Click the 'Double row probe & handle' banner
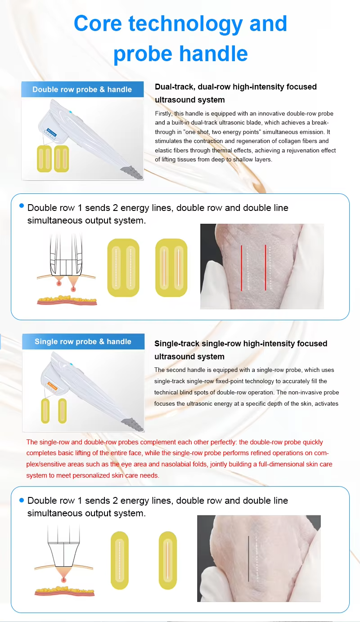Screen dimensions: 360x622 tap(82, 89)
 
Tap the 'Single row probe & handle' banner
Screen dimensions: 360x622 tap(83, 341)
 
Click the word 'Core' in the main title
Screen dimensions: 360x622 tap(98, 23)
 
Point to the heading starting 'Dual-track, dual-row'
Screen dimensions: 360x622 tap(235, 93)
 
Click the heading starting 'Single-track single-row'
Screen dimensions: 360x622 tap(241, 350)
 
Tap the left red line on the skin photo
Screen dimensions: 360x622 tap(241, 268)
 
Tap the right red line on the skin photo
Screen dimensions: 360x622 tap(265, 268)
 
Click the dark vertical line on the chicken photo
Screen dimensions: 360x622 tap(248, 559)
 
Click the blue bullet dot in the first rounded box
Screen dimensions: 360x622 tap(22, 206)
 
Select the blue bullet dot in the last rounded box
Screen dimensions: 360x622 tap(22, 500)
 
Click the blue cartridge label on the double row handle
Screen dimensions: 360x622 tap(52, 132)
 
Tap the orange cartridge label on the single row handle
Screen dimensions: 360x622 tap(53, 386)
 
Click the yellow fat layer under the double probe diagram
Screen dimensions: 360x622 tap(67, 299)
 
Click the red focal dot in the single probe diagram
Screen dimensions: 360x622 tap(64, 580)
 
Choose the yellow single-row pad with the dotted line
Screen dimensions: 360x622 tap(120, 560)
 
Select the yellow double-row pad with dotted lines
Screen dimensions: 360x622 tap(123, 268)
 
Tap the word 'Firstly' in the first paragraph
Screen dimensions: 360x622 tap(163, 114)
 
